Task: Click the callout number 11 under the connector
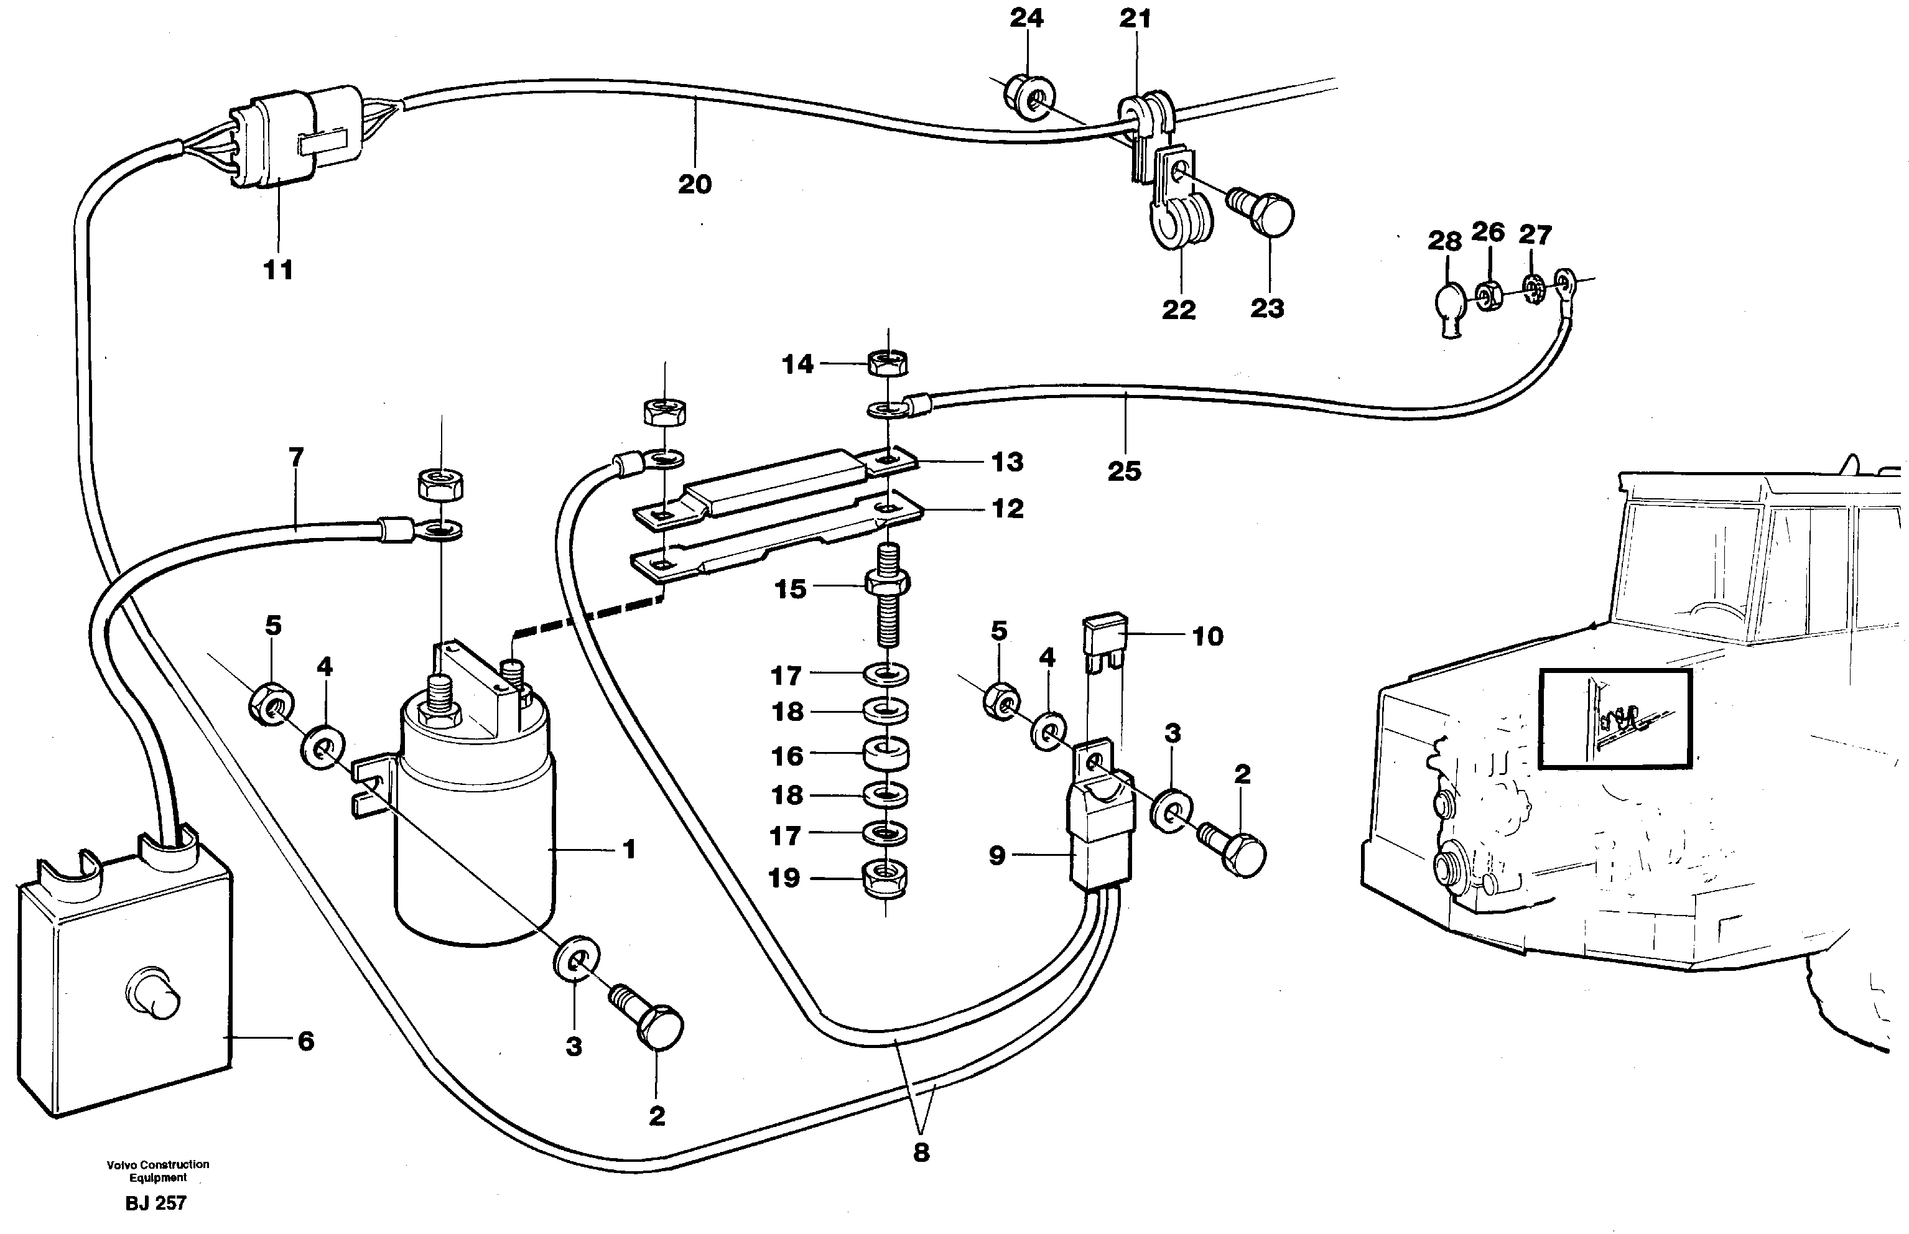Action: pos(278,270)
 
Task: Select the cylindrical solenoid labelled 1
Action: pos(475,833)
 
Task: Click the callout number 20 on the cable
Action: pos(694,184)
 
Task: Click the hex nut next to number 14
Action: pos(887,363)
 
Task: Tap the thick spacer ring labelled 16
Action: pos(886,753)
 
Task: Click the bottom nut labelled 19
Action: pos(885,878)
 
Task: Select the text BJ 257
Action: pos(156,1203)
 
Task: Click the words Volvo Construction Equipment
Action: pos(158,1171)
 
